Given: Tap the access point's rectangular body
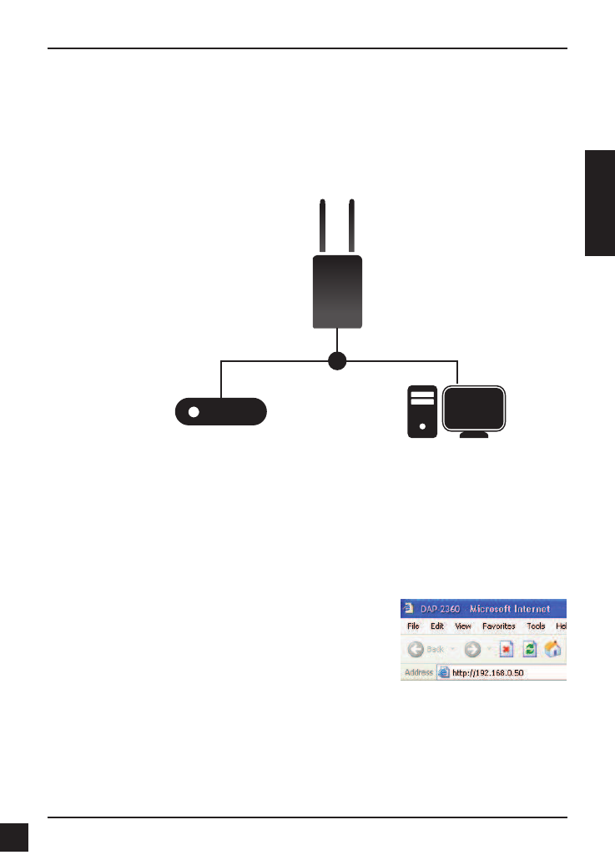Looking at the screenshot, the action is [x=337, y=292].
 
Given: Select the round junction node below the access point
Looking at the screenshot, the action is [x=337, y=361].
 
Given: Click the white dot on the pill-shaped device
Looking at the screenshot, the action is [x=194, y=412].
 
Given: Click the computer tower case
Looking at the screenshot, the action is [x=422, y=410].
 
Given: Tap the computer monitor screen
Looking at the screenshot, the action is [x=475, y=408].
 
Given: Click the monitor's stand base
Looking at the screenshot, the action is [x=475, y=436].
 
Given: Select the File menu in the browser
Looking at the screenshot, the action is [x=413, y=626].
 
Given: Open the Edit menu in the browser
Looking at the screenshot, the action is [x=436, y=626].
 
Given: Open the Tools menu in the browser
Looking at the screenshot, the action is [x=536, y=626].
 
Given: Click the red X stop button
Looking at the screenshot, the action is [x=506, y=649].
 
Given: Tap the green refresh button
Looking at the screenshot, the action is [x=528, y=649].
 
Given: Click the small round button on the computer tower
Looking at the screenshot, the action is [x=422, y=426].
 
